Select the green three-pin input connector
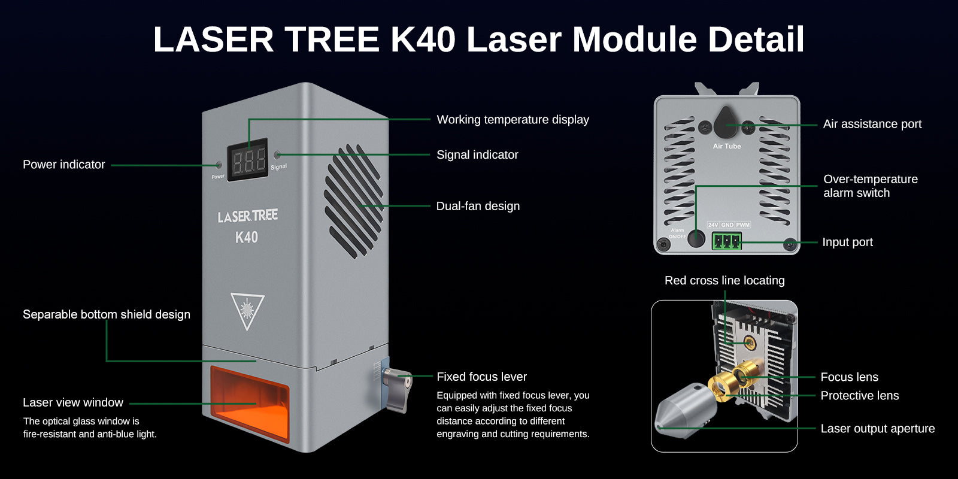[x=726, y=241]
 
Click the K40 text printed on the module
[x=247, y=237]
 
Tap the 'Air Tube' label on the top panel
[x=726, y=146]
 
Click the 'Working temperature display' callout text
[x=513, y=120]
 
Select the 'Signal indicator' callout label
[x=477, y=154]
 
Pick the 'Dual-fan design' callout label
[x=478, y=206]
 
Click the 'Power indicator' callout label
[x=63, y=165]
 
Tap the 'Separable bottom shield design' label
[x=107, y=314]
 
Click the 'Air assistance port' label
[x=872, y=124]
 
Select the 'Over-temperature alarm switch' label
[x=870, y=186]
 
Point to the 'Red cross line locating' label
[x=724, y=280]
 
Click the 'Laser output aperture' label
[x=877, y=429]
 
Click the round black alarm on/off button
[x=696, y=238]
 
